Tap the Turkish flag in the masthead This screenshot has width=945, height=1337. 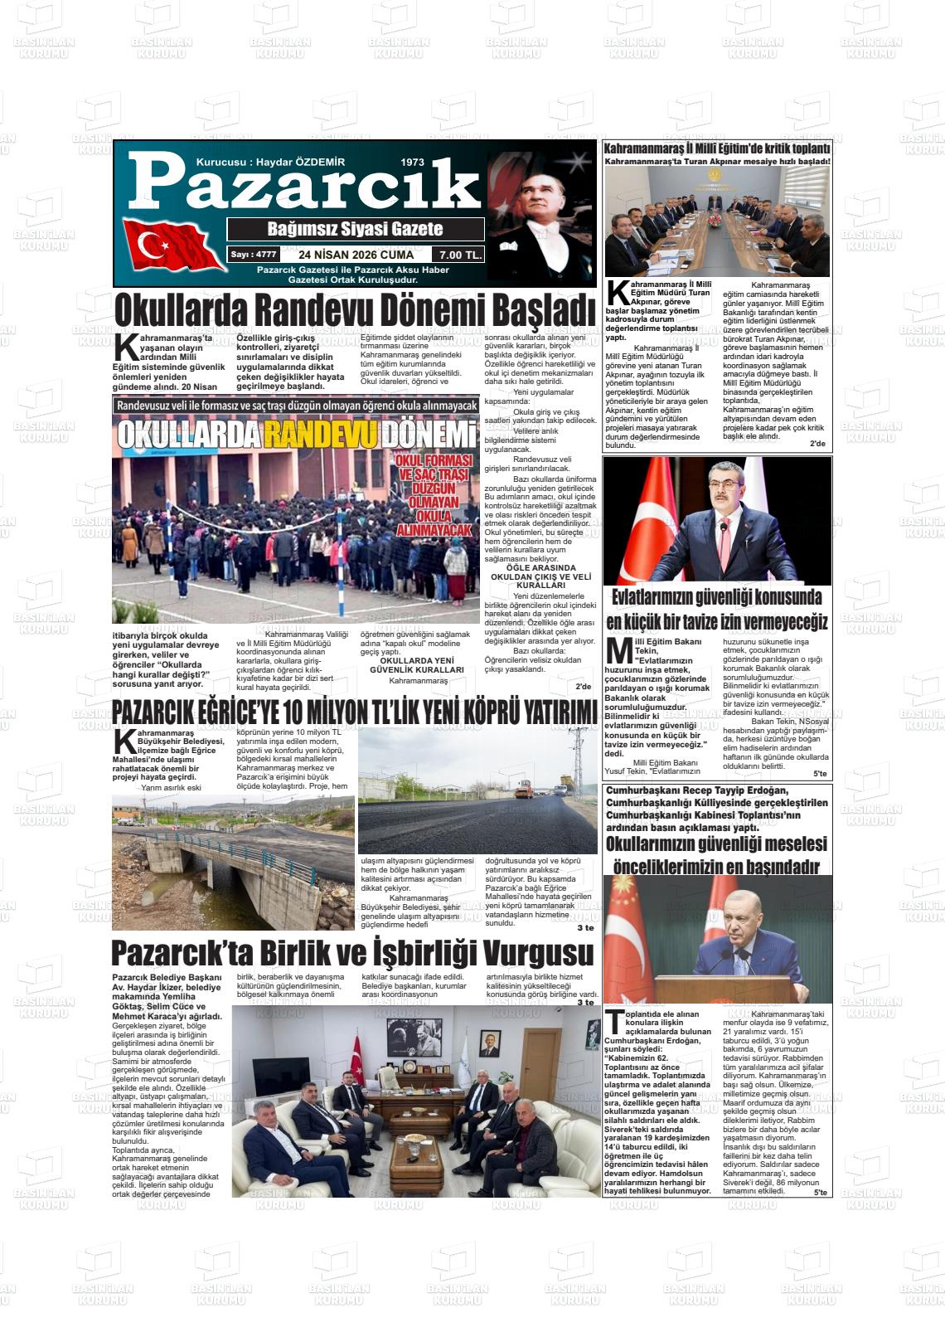point(170,246)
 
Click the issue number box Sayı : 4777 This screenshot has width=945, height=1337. point(253,255)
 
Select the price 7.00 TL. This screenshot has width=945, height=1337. point(461,255)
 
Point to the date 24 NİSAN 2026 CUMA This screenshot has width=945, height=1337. point(356,255)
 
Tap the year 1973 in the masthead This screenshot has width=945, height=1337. point(412,163)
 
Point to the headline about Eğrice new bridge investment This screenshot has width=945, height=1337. point(354,712)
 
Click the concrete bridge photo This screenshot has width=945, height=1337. point(233,863)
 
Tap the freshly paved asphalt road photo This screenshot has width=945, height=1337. point(477,792)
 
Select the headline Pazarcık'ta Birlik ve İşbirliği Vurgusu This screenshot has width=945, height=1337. point(352,953)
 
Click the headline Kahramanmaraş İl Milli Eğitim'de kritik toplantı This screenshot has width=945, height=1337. point(717,148)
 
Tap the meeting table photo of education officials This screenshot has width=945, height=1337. point(717,222)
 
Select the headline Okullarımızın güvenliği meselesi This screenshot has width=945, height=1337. point(716,844)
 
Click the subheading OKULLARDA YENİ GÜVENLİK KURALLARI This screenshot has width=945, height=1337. point(416,664)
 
